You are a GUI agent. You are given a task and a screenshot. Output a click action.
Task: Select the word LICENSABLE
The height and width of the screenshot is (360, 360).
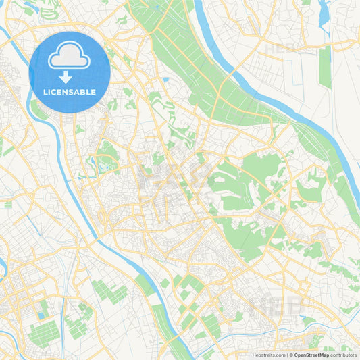click(x=70, y=92)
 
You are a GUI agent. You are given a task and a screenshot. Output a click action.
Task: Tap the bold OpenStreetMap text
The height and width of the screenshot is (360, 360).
click(x=316, y=355)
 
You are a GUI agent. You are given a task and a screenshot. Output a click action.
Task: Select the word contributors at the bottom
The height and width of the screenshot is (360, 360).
click(x=348, y=355)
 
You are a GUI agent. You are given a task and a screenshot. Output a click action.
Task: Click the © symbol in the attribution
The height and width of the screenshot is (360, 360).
click(x=290, y=355)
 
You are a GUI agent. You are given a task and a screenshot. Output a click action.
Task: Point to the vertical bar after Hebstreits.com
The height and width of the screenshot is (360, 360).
click(x=286, y=355)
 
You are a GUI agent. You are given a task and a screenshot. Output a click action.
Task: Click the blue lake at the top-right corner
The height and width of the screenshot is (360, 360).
click(x=323, y=12)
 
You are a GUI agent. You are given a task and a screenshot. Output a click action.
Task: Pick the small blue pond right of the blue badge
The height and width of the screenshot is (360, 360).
click(x=165, y=79)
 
